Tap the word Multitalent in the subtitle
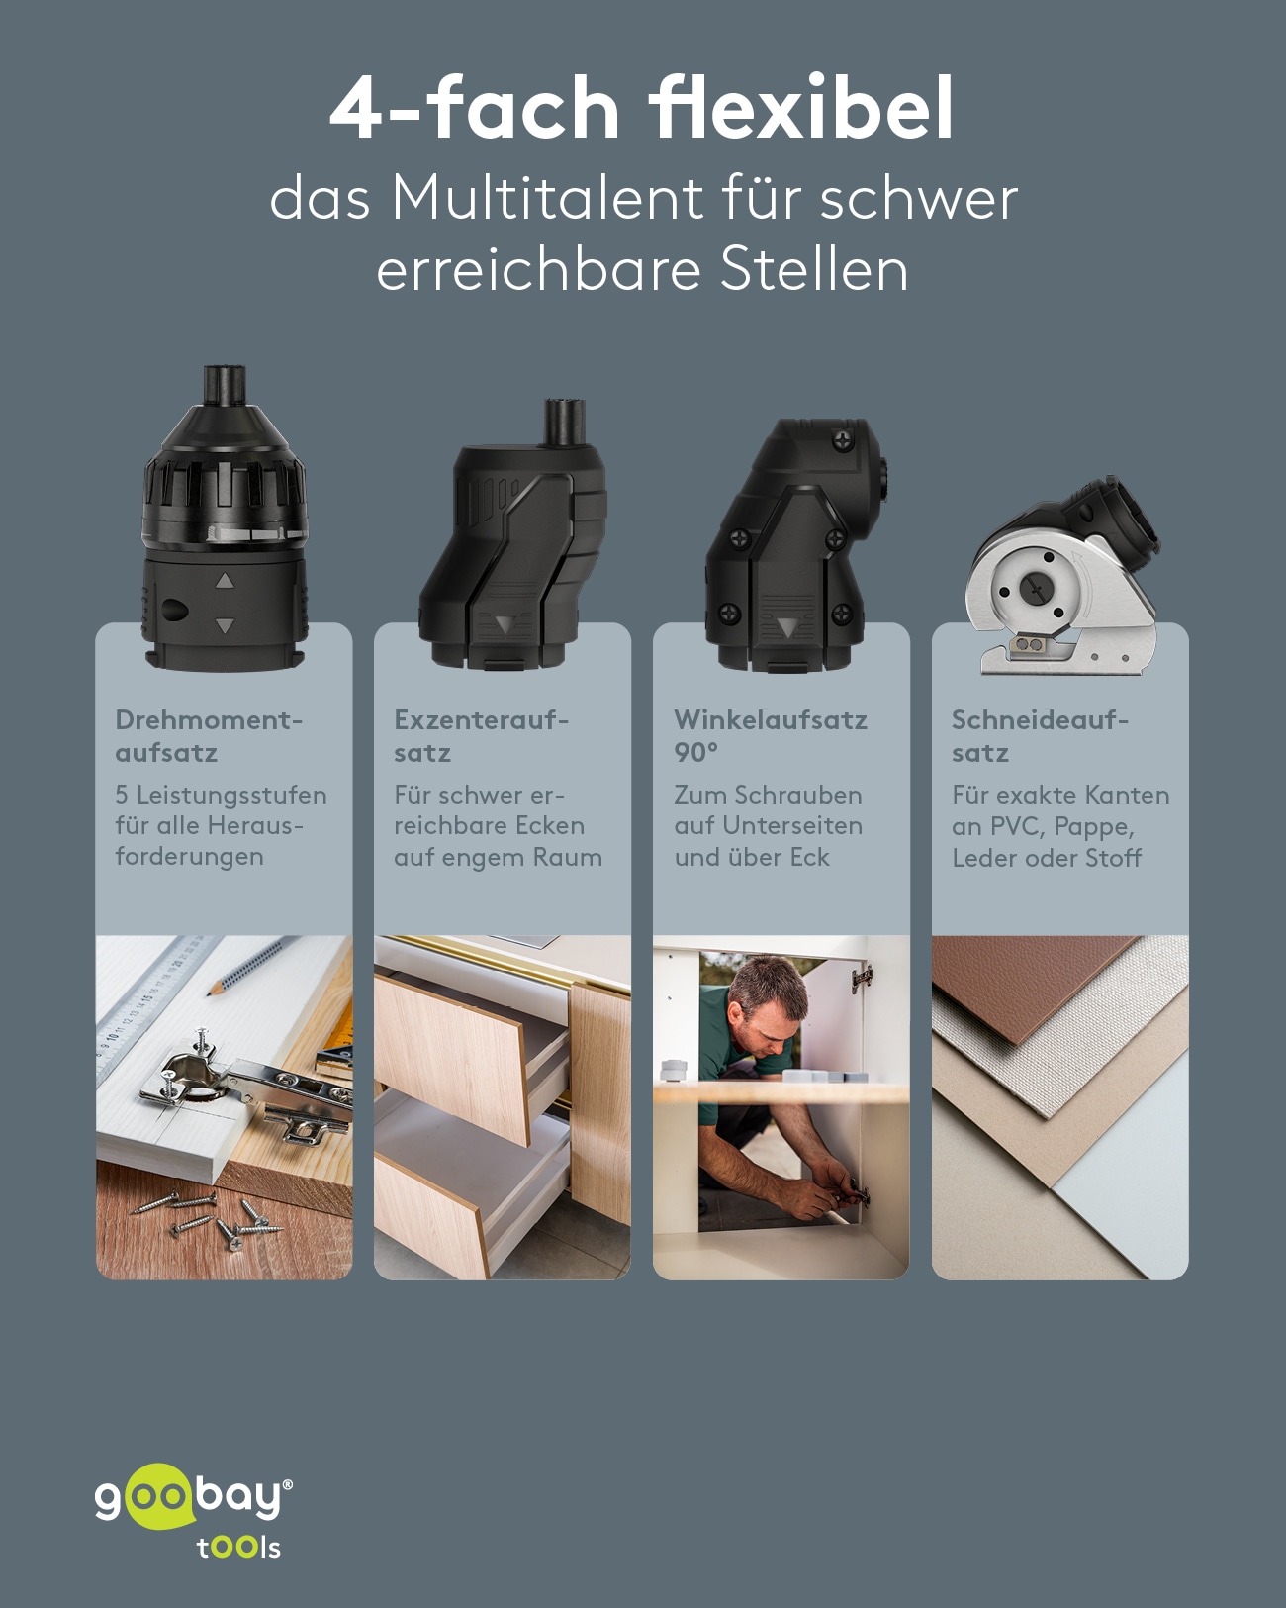pos(547,198)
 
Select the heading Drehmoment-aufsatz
pos(208,736)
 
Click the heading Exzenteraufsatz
pos(481,736)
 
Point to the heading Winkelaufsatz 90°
pos(770,736)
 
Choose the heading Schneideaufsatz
pos(1039,736)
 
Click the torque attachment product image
pos(225,520)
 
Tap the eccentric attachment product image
pos(512,539)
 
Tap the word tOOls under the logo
pos(238,1548)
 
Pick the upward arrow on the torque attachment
pos(225,581)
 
